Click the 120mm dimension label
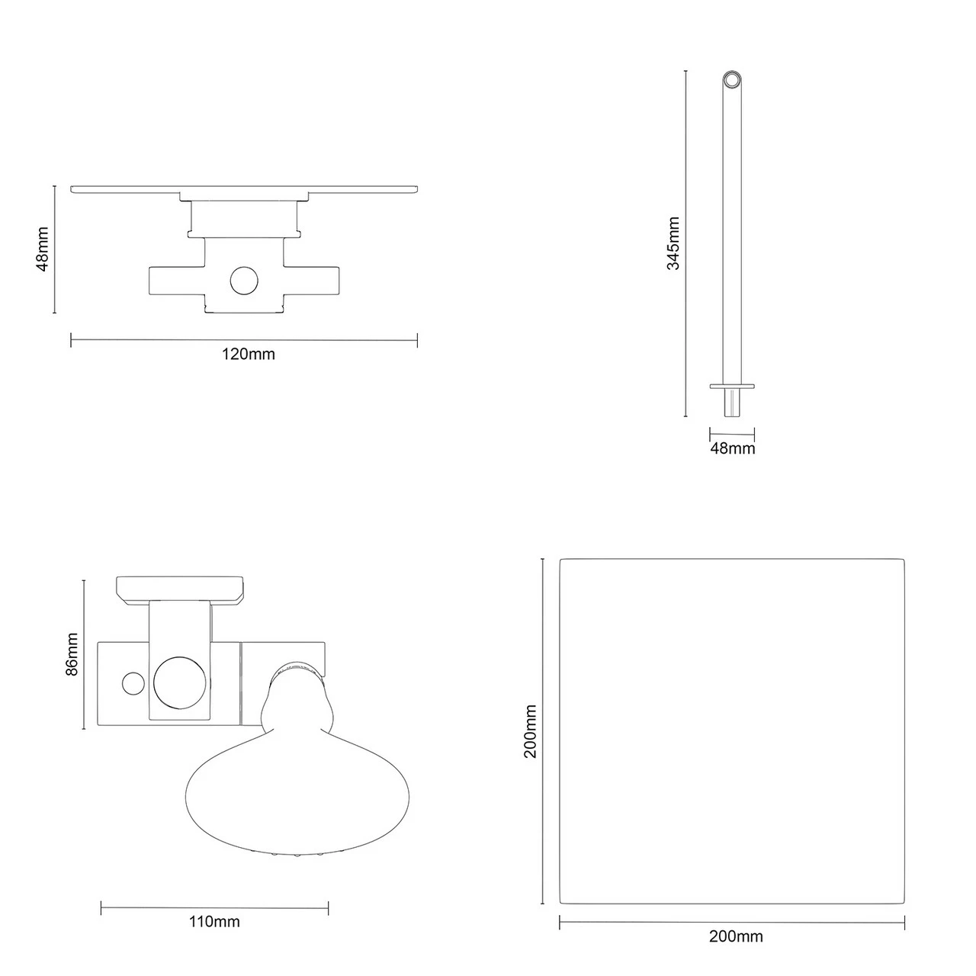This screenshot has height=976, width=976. tap(248, 354)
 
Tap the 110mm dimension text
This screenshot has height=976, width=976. tap(213, 922)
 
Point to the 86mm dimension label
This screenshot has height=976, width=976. tap(72, 653)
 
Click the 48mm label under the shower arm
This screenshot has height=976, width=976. tap(732, 448)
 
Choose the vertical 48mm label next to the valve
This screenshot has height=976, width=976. tap(43, 249)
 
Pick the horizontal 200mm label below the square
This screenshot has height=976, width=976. tap(735, 937)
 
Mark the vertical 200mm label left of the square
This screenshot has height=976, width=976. tap(530, 731)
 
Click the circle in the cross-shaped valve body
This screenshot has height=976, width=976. tap(245, 281)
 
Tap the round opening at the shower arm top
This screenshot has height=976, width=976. tap(732, 80)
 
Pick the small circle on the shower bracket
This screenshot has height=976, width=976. tap(133, 682)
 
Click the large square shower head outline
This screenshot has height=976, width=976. tap(732, 730)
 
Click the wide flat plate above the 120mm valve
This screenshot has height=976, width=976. tap(245, 188)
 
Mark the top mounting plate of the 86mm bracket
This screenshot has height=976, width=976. tap(180, 588)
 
